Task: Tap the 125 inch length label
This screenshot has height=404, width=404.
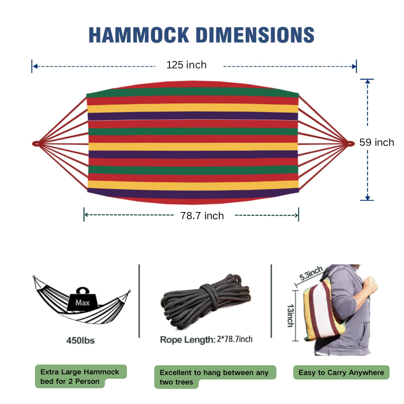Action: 186,65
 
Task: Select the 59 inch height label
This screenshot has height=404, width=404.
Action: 377,143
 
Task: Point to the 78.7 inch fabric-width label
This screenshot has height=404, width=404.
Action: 202,216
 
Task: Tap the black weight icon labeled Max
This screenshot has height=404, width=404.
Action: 82,300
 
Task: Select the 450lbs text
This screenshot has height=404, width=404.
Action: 80,340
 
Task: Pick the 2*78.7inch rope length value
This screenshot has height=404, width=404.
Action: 234,339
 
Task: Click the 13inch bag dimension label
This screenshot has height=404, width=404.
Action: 291,315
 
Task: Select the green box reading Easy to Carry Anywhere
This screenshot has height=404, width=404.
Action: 341,372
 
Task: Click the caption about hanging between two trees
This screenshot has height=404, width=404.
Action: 215,377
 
